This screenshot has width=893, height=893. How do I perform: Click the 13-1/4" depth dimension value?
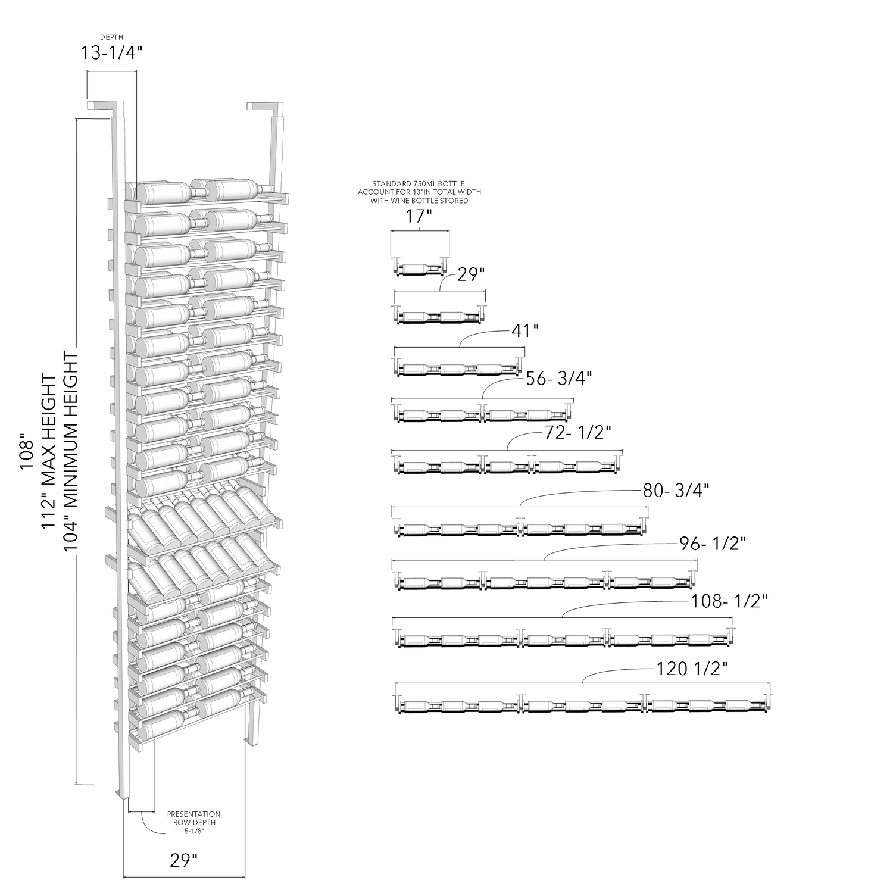(112, 53)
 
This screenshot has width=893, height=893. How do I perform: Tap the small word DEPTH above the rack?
(112, 37)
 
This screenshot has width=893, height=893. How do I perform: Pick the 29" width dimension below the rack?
(183, 860)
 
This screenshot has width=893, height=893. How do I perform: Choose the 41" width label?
(525, 330)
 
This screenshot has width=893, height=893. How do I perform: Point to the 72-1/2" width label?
(578, 432)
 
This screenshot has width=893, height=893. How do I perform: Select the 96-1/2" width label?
(713, 544)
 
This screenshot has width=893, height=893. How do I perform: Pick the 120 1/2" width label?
(692, 669)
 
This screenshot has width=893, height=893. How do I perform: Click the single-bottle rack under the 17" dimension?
(419, 267)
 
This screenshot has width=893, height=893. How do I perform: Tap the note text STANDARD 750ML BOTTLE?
(419, 183)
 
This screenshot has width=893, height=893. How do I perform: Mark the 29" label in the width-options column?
(472, 275)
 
